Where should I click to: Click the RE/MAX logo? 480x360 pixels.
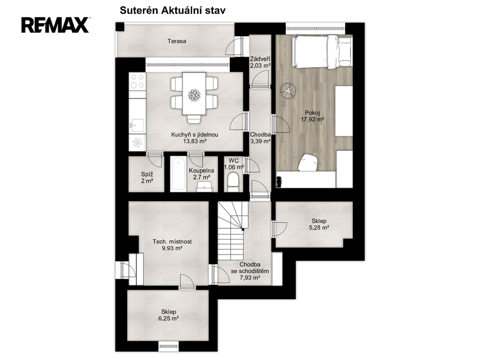pos(55,25)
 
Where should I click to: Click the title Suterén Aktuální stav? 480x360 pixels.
pos(172,10)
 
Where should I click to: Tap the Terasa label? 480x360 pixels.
pos(177,41)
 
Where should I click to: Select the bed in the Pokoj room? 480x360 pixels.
pos(322,52)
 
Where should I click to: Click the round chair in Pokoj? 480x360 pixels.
pos(288,91)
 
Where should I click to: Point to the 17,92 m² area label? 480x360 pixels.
pos(313,119)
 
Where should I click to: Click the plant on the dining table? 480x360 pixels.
pos(194,95)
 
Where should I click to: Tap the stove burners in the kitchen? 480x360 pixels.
pos(137,81)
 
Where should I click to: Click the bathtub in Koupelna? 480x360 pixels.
pos(178,174)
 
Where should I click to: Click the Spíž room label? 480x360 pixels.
pos(147,178)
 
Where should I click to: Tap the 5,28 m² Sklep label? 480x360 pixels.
pos(319,224)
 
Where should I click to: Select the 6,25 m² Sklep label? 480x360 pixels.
pos(169,315)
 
